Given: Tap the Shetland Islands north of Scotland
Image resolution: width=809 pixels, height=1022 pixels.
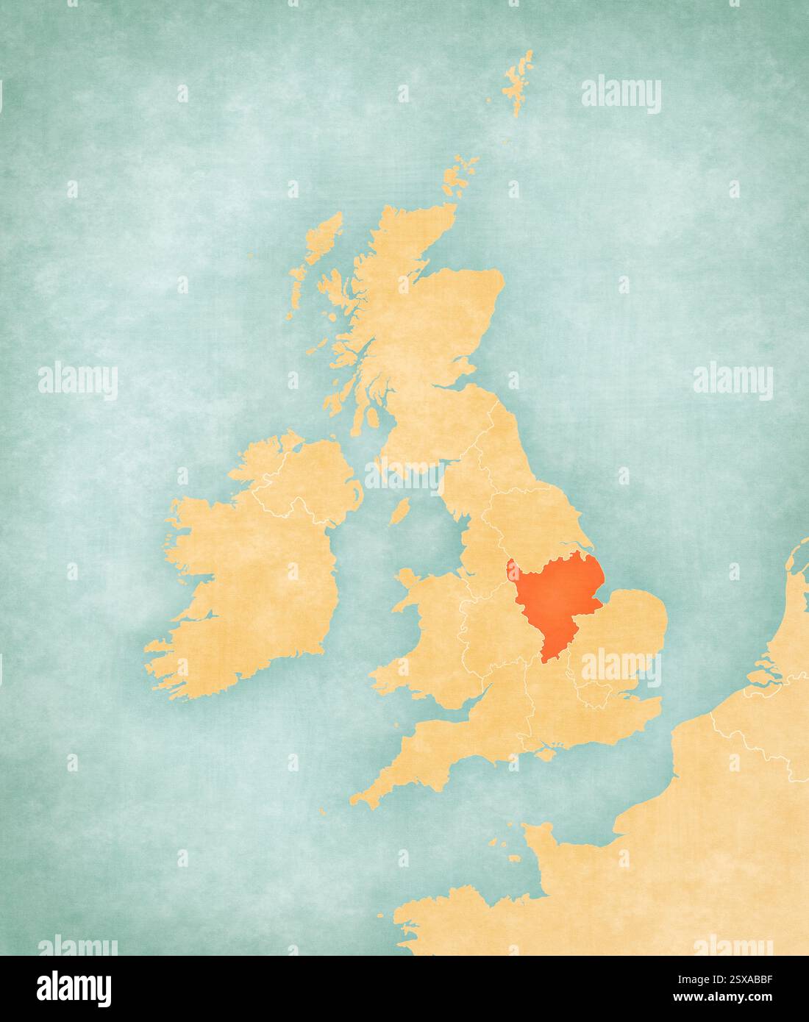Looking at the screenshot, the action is point(518,82).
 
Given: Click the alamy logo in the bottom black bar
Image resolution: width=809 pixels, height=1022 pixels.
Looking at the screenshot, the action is point(74,985).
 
